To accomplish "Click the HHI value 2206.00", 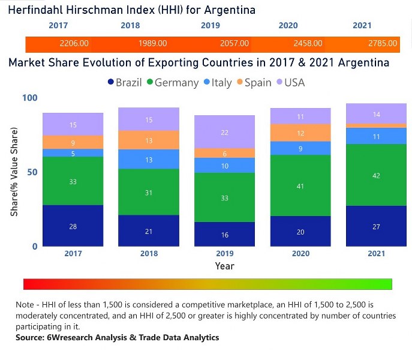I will (74, 44).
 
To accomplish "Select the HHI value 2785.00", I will (383, 44).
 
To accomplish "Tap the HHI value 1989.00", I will (152, 44).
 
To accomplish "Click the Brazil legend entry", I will (124, 83).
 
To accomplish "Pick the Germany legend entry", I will (171, 83).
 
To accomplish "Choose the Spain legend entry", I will (251, 83).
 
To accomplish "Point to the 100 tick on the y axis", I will (29, 98).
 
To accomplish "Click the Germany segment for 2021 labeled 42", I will (377, 175).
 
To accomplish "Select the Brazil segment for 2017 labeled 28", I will (73, 226).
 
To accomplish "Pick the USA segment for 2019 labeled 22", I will (224, 132).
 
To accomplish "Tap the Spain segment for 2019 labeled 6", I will (224, 153).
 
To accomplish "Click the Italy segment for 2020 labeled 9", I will (300, 148).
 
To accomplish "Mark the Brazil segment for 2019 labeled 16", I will (224, 235).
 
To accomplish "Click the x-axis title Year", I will (225, 266).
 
